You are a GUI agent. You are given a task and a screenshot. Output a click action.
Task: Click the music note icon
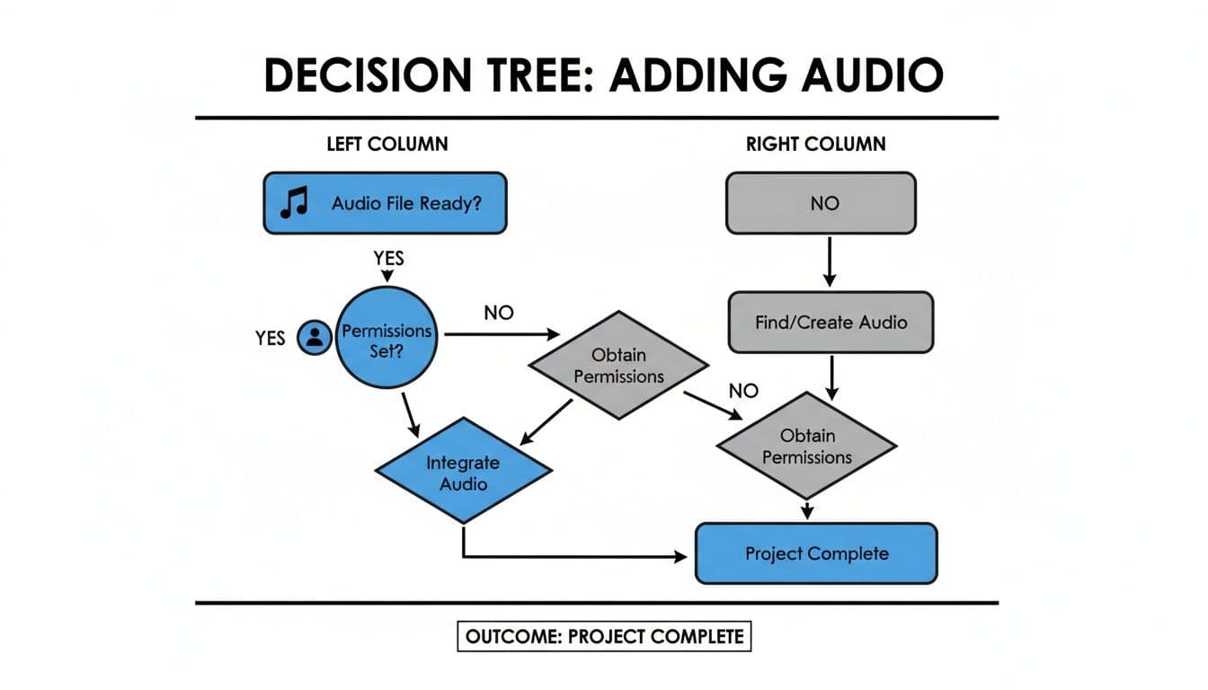(294, 203)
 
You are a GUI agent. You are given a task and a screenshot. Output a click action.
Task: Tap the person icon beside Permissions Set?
(315, 338)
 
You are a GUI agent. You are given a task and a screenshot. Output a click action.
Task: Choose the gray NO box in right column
(821, 203)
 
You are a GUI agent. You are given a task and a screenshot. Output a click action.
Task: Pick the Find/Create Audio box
(830, 322)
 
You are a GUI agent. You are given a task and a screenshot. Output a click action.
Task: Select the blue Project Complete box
(816, 553)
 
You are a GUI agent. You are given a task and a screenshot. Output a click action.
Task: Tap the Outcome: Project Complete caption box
(604, 637)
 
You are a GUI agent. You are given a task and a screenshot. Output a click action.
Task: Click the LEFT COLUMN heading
(386, 144)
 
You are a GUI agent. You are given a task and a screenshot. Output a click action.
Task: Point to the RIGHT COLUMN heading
(815, 144)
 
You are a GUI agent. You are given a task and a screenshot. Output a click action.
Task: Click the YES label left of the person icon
(270, 338)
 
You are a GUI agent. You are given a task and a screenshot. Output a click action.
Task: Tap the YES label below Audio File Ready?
(388, 259)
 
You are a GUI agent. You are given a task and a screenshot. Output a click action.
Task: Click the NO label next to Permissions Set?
(499, 313)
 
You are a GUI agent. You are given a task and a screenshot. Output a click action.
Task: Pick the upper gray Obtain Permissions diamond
(618, 366)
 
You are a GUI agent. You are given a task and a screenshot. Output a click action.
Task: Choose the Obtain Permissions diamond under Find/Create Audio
(807, 447)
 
